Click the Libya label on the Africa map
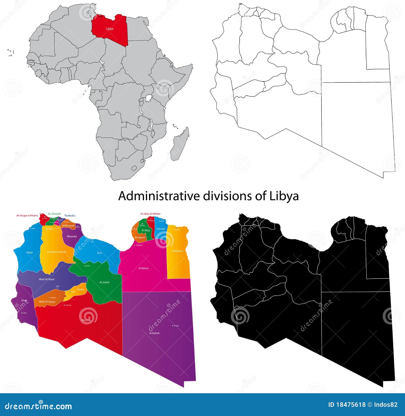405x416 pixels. tap(110, 29)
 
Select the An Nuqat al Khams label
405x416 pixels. tap(27, 215)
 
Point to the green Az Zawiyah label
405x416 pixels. tap(54, 214)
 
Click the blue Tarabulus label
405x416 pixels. tap(70, 216)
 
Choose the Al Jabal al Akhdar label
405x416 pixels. tap(150, 214)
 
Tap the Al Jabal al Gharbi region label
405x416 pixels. tap(57, 252)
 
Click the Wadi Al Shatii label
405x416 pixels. tap(47, 279)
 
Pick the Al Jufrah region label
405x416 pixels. tap(105, 282)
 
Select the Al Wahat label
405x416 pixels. tap(144, 268)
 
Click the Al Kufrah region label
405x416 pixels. tap(154, 333)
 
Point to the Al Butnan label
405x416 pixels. tap(177, 251)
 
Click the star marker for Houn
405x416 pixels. tap(85, 266)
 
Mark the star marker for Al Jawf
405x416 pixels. tap(173, 326)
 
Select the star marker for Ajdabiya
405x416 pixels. tap(135, 245)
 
